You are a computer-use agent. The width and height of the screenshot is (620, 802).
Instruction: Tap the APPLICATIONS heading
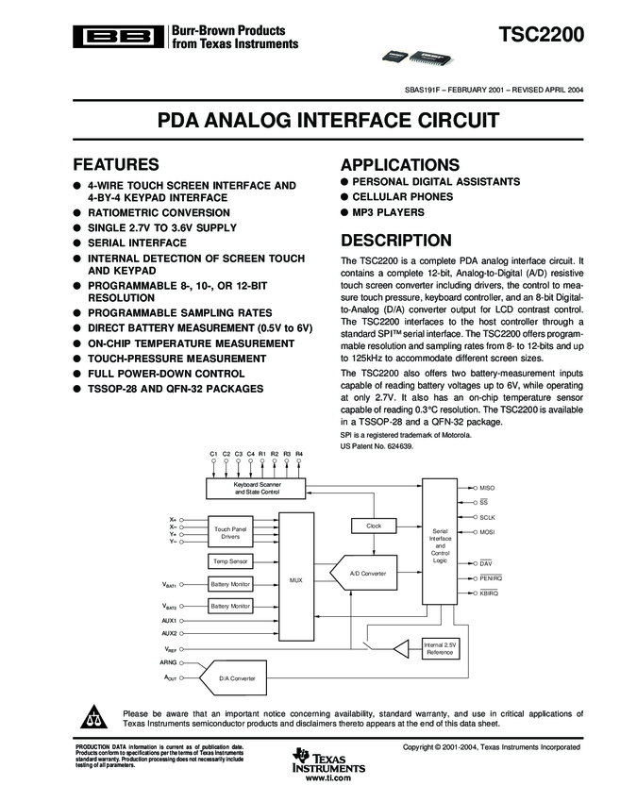tap(399, 163)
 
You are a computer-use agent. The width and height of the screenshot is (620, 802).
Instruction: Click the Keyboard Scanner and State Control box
tap(256, 488)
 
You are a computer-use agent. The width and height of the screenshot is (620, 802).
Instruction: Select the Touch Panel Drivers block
tap(229, 533)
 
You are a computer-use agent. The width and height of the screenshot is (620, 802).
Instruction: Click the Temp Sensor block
tap(229, 561)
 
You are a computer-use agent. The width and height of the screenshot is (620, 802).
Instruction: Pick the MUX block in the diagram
tap(294, 579)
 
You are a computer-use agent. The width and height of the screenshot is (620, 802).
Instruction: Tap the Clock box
tap(373, 526)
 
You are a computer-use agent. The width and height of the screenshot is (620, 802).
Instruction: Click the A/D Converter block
tap(367, 573)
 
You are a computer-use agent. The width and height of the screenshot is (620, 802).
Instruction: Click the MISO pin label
tap(487, 487)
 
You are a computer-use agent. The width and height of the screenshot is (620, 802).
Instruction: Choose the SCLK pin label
tap(487, 518)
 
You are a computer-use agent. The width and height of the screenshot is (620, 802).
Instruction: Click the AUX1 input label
tap(170, 620)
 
